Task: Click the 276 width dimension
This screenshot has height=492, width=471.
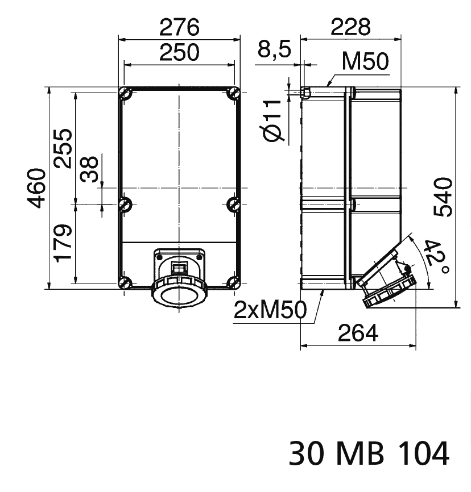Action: coord(179,27)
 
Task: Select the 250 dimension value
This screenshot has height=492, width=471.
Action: coord(179,52)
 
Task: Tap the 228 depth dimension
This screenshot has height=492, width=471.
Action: coord(351,27)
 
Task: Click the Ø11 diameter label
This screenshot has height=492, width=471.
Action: coord(274,120)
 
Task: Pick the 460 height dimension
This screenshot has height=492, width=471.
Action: coord(38,188)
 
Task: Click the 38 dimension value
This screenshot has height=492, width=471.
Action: coord(89,169)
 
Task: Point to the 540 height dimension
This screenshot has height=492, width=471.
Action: coord(443,197)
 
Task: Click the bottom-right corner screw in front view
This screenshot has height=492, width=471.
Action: coord(233,282)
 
